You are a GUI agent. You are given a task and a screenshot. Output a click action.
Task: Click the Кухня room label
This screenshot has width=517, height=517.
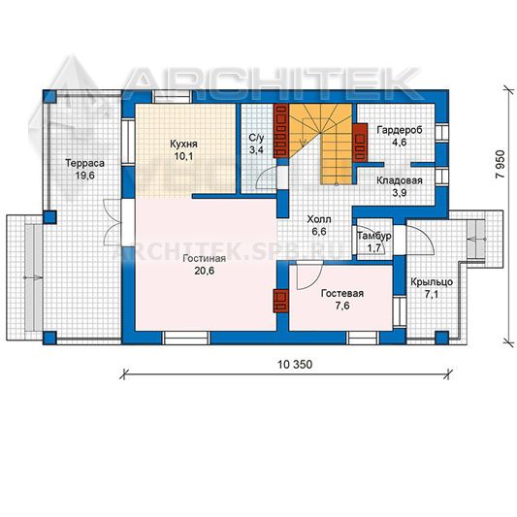pos(183,145)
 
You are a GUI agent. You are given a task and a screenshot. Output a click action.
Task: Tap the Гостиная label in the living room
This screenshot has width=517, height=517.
pos(205,258)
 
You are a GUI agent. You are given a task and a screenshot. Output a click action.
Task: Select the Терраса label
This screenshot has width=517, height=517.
pos(84,163)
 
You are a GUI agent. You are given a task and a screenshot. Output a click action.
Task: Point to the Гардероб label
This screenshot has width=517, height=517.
pos(400,130)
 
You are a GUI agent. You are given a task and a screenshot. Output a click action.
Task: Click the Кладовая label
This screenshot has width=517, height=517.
pos(400,180)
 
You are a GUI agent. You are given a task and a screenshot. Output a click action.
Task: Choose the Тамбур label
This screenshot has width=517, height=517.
pos(374,236)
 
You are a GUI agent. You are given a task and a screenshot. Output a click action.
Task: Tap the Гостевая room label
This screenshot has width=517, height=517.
pos(342,293)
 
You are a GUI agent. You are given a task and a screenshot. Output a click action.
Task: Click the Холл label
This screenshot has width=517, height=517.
pos(319,219)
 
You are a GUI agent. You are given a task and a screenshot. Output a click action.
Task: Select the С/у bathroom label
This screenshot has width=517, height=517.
pos(256,138)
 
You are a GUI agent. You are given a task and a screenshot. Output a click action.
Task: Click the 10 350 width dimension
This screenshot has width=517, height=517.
pos(295,365)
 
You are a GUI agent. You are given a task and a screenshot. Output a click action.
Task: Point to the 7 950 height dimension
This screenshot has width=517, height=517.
pos(501,164)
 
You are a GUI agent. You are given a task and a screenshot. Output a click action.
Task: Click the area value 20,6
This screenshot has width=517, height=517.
pos(205,271)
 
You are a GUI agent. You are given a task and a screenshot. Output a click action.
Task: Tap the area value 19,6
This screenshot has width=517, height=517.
pos(84,176)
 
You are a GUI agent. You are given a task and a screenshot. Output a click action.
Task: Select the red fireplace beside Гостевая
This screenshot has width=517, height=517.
pos(280,301)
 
